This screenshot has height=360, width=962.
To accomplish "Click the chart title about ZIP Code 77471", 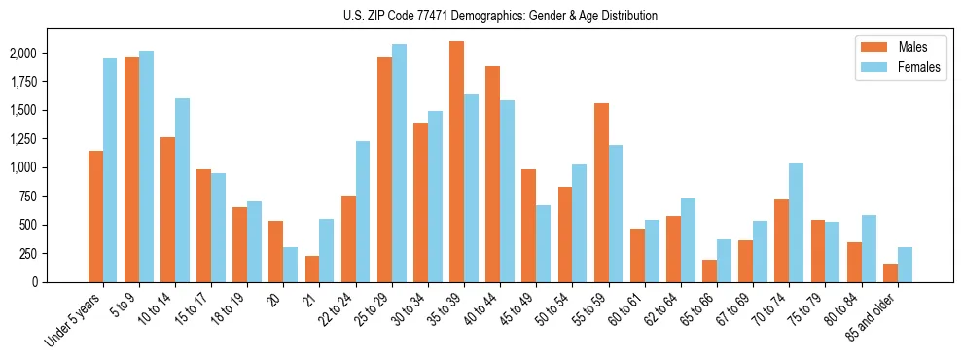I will (500, 16).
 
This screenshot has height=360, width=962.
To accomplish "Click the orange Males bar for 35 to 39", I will (456, 162).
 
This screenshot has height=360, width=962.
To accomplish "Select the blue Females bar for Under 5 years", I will (110, 170).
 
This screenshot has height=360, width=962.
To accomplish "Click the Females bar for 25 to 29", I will (399, 162).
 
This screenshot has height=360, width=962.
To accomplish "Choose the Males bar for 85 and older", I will (890, 272).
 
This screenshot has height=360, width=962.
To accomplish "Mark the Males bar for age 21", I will (312, 269).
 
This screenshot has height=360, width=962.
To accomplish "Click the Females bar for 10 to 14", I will (183, 190).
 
